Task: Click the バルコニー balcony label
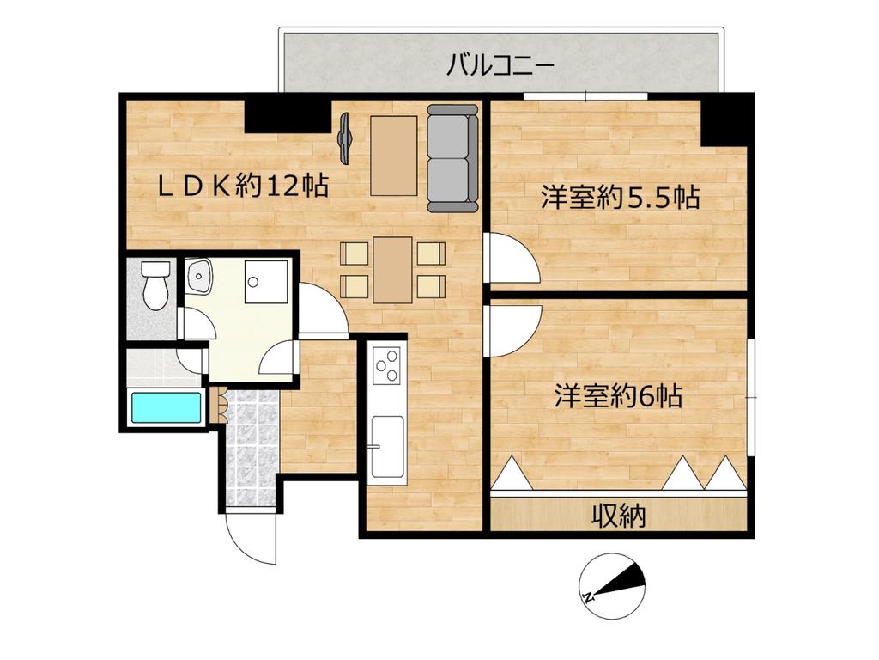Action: click(500, 66)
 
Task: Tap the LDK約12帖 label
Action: click(243, 186)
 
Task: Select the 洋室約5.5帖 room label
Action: click(621, 198)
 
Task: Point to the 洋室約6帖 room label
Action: click(618, 396)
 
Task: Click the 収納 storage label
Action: click(619, 516)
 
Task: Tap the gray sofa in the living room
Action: click(452, 158)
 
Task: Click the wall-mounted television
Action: click(344, 138)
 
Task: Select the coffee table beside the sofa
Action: click(393, 156)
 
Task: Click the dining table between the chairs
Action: click(393, 270)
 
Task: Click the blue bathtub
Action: click(167, 408)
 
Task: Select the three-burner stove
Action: click(386, 366)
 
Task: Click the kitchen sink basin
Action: click(388, 444)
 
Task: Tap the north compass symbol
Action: click(611, 585)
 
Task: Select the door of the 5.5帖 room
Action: click(511, 258)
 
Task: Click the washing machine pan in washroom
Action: click(267, 281)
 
